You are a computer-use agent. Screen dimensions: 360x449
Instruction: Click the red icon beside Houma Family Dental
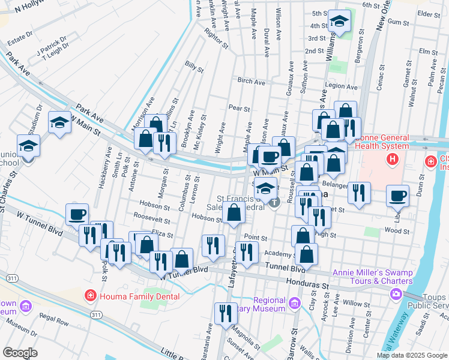pyautogui.click(x=90, y=295)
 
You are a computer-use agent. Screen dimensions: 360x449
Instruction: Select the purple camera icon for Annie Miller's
pyautogui.click(x=396, y=293)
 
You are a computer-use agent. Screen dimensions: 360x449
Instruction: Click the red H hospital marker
pyautogui.click(x=393, y=160)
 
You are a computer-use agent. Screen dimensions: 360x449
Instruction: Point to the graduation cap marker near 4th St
pyautogui.click(x=339, y=23)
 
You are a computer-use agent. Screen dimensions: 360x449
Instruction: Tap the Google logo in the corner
pyautogui.click(x=20, y=352)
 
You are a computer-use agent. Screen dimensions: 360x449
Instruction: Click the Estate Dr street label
pyautogui.click(x=19, y=37)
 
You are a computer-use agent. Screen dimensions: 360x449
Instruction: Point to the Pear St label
pyautogui.click(x=238, y=108)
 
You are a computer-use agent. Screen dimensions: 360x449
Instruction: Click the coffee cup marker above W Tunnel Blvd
pyautogui.click(x=77, y=214)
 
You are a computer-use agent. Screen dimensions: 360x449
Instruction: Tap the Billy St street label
pyautogui.click(x=195, y=67)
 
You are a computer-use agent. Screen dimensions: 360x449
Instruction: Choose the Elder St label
pyautogui.click(x=429, y=13)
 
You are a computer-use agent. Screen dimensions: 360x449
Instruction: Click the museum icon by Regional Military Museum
pyautogui.click(x=294, y=304)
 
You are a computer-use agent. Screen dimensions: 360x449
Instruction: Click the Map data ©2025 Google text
pyautogui.click(x=412, y=355)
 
